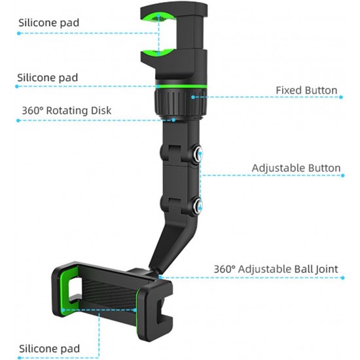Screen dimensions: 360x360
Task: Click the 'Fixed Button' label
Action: [306, 90]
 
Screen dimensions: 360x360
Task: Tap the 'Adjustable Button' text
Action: [296, 168]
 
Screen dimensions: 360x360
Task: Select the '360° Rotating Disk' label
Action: [67, 111]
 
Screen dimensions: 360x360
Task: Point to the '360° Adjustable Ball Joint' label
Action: [276, 269]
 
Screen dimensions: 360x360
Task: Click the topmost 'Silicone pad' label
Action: [48, 23]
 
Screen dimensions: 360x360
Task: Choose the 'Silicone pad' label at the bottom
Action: [49, 348]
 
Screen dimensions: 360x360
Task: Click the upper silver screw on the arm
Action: [198, 153]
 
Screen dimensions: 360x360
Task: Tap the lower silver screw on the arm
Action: [198, 204]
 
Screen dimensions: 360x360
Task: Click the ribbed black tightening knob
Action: [180, 103]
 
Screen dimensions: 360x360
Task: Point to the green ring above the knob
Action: [181, 86]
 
